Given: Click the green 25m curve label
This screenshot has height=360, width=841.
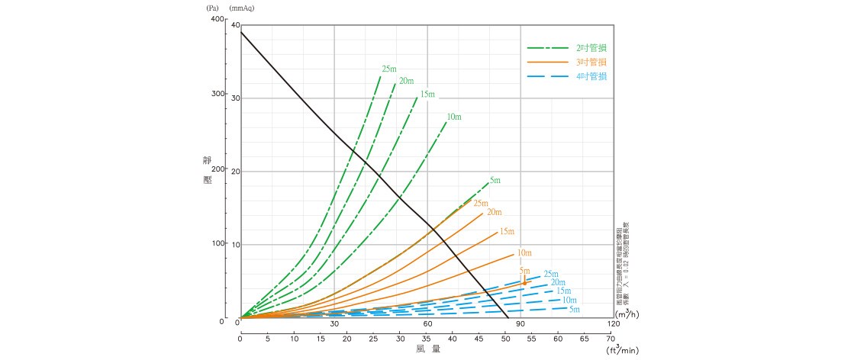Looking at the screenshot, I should point(389,69).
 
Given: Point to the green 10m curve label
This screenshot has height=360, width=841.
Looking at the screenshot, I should point(454,117).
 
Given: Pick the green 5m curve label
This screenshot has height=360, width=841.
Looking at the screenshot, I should point(495,181).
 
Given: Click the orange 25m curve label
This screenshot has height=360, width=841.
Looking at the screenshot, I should point(480,203).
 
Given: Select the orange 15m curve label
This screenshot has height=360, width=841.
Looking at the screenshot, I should point(507,231).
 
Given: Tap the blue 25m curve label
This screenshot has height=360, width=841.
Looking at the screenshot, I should point(551,274).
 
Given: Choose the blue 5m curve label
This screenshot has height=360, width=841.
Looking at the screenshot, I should point(574,309).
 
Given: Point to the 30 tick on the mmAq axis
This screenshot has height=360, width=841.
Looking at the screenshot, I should point(236,98).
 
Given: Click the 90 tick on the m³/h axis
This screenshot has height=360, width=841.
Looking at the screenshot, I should point(520,324).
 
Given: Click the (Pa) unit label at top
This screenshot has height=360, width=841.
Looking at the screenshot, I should point(213,8).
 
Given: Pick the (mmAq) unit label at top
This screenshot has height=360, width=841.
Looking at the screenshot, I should point(242,8).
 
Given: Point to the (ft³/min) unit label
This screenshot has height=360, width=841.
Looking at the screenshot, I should point(623,350).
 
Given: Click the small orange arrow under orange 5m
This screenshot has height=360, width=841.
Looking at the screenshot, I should point(524,281).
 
